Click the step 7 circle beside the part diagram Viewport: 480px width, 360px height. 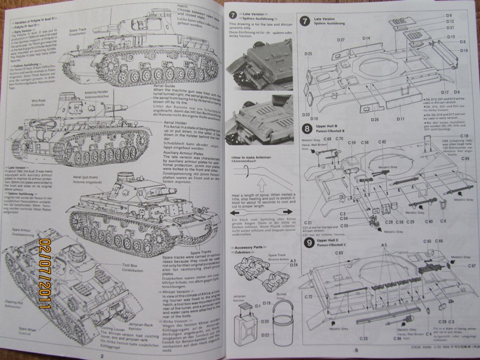pos(306,20)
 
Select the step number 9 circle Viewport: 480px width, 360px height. pos(308,243)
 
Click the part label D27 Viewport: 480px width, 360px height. pos(340,40)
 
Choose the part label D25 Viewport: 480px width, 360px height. pos(307,54)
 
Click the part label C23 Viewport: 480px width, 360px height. pos(363,339)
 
